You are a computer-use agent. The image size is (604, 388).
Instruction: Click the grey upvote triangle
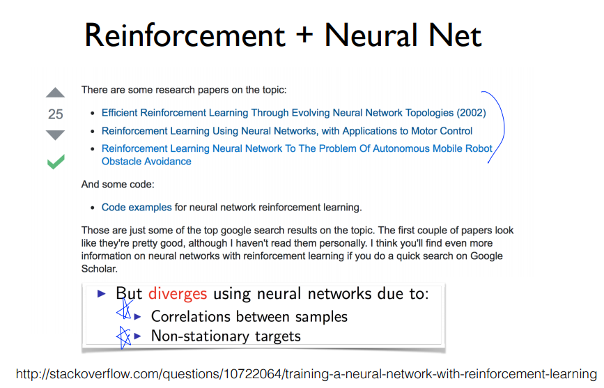(x=55, y=93)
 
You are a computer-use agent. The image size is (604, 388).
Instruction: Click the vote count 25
(x=55, y=114)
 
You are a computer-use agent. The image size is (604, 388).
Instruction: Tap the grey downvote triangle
(x=55, y=134)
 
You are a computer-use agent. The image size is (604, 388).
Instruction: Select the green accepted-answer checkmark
(x=55, y=162)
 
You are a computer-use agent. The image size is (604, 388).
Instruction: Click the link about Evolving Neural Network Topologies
(x=279, y=113)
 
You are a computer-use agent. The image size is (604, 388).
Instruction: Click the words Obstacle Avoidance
(x=146, y=162)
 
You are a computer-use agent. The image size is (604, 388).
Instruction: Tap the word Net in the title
(x=456, y=36)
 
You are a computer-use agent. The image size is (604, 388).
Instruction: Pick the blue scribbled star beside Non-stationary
(x=124, y=337)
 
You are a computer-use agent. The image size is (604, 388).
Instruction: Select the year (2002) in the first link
(x=470, y=113)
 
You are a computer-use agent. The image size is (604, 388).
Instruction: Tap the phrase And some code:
(x=116, y=185)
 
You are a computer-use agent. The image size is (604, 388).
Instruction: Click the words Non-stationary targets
(x=226, y=336)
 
